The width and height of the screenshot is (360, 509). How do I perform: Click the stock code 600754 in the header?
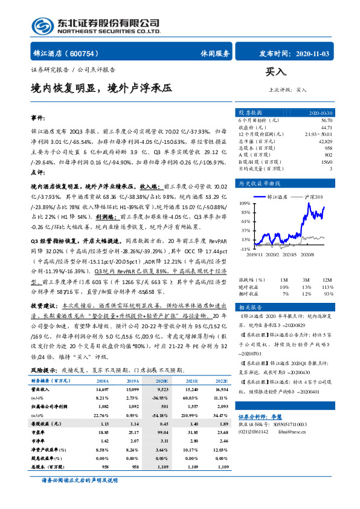(94, 53)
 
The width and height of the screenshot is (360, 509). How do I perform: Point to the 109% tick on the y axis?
(245, 204)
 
